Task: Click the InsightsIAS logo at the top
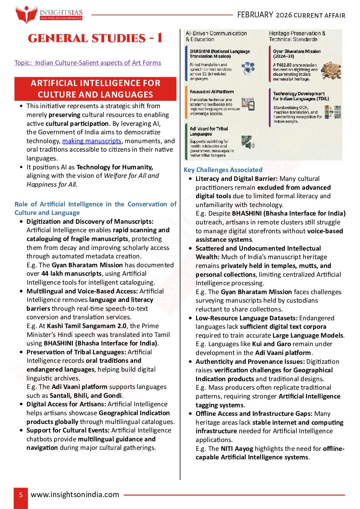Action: click(x=49, y=15)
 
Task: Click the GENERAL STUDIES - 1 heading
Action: click(x=95, y=38)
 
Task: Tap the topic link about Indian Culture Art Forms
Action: click(x=88, y=63)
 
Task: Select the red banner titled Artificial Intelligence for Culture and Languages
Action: click(x=95, y=89)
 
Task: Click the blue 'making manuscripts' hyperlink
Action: click(x=92, y=141)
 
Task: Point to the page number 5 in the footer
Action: click(x=21, y=495)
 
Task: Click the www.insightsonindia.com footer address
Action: click(x=75, y=495)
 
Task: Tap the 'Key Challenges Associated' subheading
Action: click(x=223, y=170)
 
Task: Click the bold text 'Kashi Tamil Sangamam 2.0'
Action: click(x=87, y=326)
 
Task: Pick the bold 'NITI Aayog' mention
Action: click(x=237, y=448)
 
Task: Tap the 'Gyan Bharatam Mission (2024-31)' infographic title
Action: click(x=297, y=54)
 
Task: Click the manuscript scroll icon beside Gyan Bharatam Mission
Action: click(x=331, y=70)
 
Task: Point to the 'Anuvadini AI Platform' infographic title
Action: click(x=212, y=92)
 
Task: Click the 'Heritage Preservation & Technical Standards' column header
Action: click(x=297, y=36)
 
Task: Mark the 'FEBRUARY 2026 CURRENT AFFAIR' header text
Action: click(x=291, y=15)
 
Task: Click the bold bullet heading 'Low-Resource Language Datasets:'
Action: click(x=246, y=318)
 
